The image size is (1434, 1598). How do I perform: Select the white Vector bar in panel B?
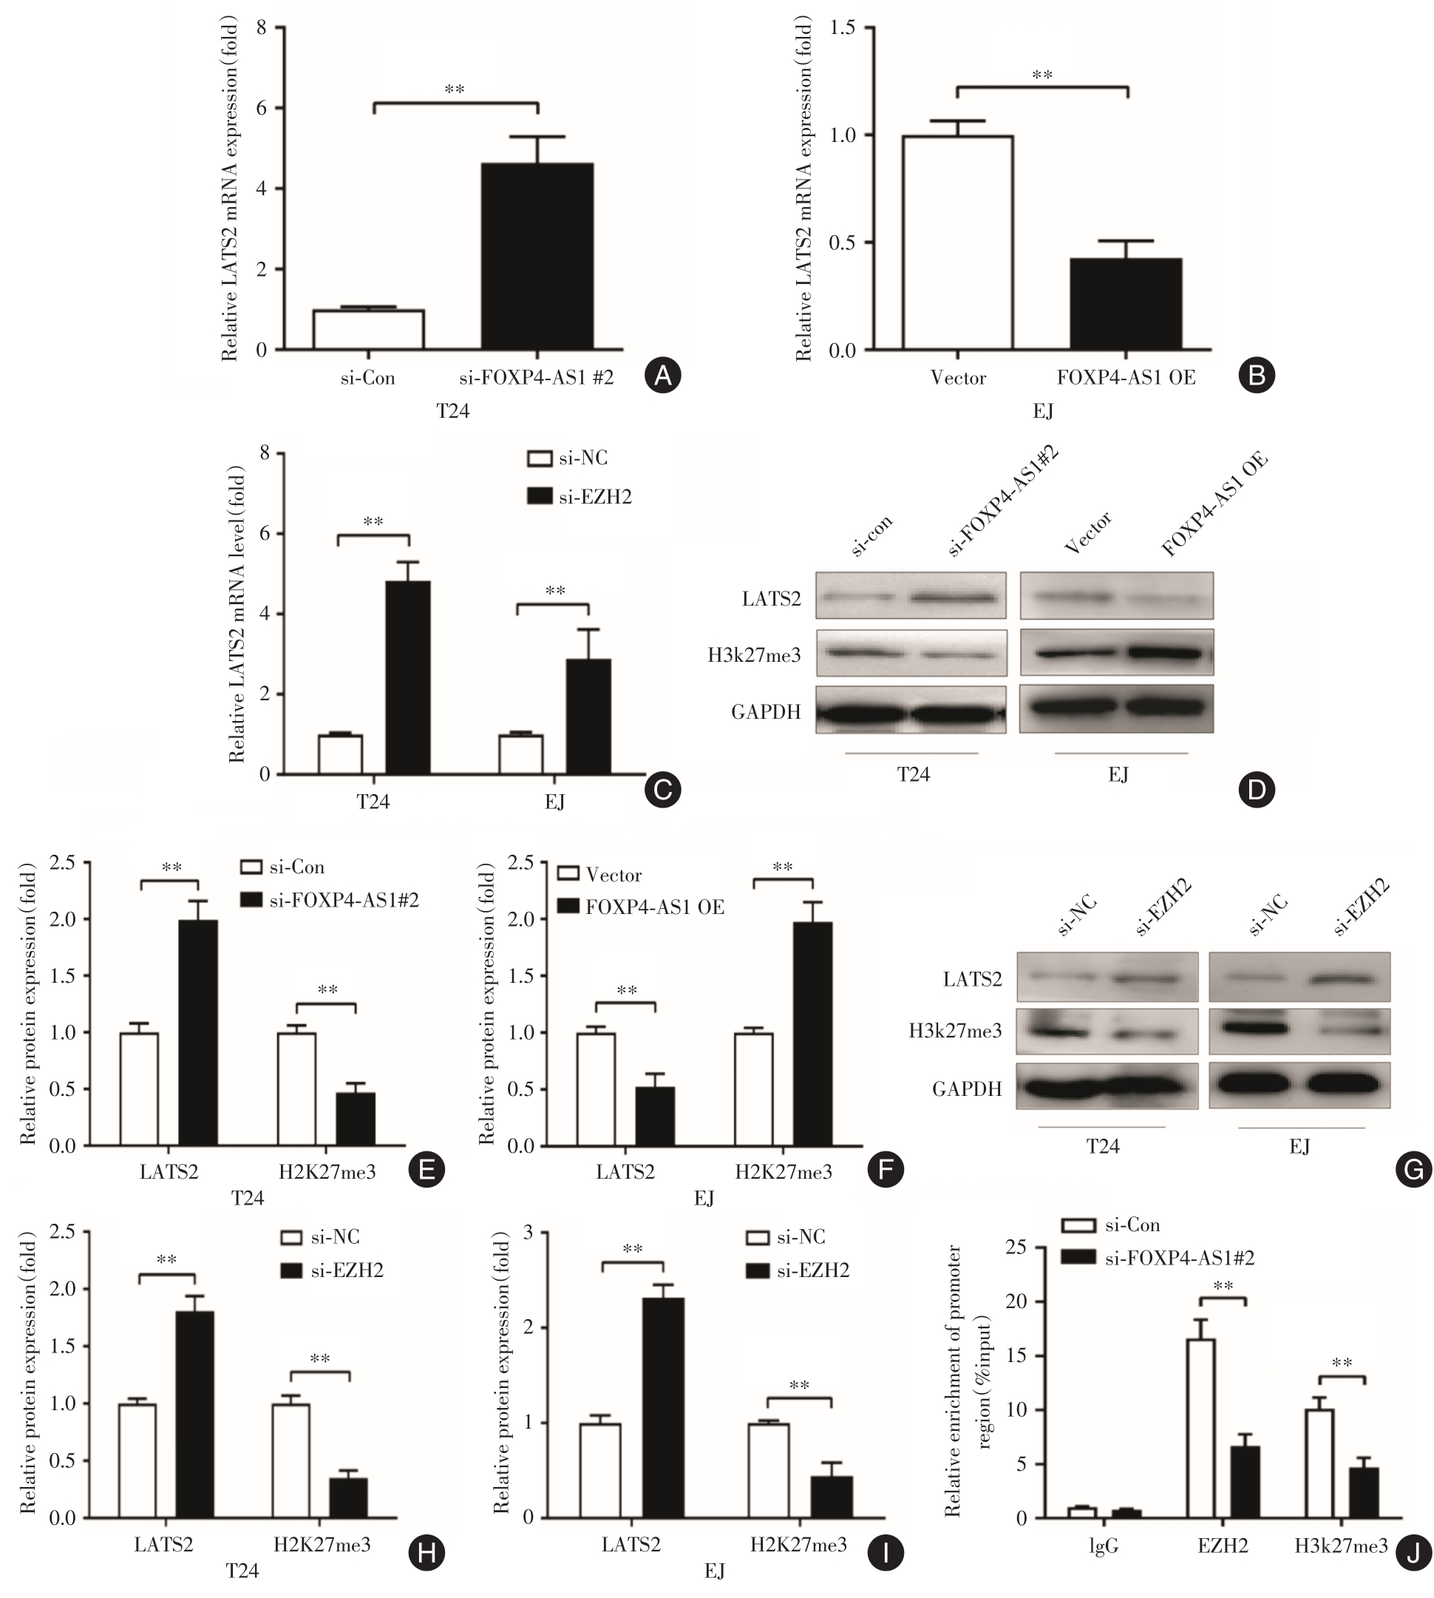pyautogui.click(x=957, y=243)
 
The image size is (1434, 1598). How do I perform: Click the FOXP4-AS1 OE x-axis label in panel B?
pyautogui.click(x=1126, y=378)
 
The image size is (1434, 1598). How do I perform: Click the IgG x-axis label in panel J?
pyautogui.click(x=1103, y=1546)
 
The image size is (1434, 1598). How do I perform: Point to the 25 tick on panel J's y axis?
pyautogui.click(x=1016, y=1248)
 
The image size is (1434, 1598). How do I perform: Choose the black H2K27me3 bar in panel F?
pyautogui.click(x=812, y=1034)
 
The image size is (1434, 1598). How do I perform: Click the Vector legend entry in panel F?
pyautogui.click(x=599, y=875)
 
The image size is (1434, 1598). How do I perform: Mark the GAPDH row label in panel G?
pyautogui.click(x=967, y=1089)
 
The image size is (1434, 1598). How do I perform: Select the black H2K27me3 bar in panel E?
pyautogui.click(x=356, y=1119)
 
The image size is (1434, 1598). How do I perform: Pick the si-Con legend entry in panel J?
pyautogui.click(x=1111, y=1225)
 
